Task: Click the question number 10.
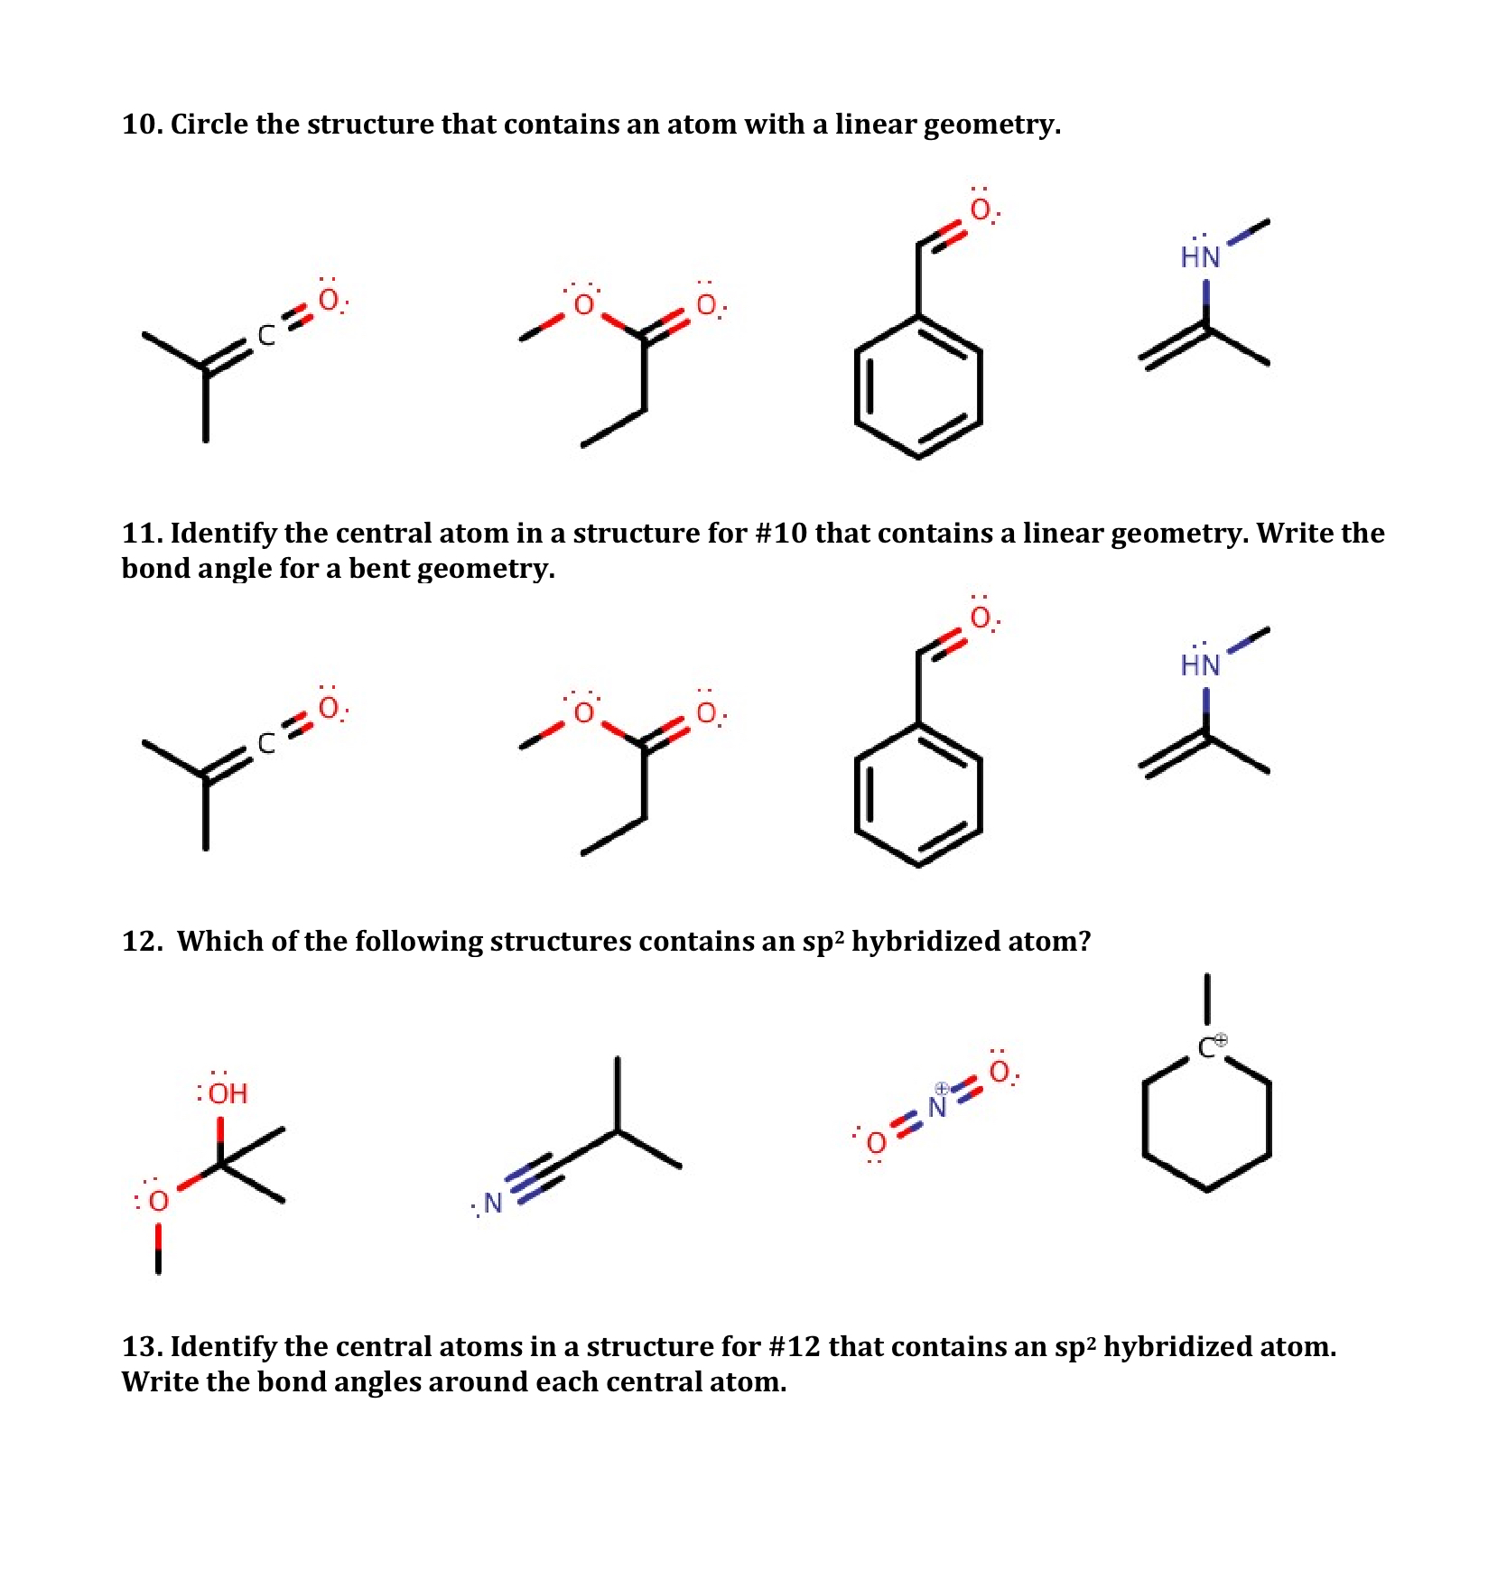(x=141, y=124)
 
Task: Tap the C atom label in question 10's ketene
(x=266, y=336)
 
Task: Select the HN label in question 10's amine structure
(x=1200, y=257)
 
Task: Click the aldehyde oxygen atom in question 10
(x=981, y=210)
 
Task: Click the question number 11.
(x=141, y=533)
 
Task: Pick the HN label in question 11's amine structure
(x=1200, y=665)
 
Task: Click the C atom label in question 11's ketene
(x=266, y=743)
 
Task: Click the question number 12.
(x=141, y=941)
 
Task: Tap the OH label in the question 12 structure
(x=227, y=1093)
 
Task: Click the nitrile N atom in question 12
(x=492, y=1203)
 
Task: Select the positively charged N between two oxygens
(x=938, y=1107)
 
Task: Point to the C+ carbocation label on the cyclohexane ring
(x=1210, y=1047)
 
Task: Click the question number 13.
(x=141, y=1346)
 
